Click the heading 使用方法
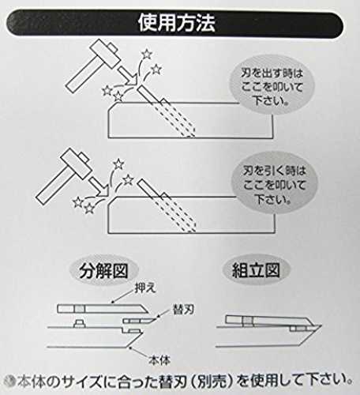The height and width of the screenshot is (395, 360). (x=177, y=23)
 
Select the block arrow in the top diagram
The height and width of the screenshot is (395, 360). (x=128, y=76)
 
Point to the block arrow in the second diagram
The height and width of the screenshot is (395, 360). (x=99, y=186)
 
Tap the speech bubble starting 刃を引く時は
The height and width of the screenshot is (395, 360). (x=274, y=185)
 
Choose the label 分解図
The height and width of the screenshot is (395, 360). (x=103, y=271)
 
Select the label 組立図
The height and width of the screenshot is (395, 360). (x=256, y=270)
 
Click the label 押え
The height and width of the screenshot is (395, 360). (x=145, y=288)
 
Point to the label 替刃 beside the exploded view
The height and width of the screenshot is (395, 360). (x=183, y=310)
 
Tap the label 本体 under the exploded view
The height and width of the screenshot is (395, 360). (x=159, y=360)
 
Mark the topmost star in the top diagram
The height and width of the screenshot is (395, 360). (x=147, y=55)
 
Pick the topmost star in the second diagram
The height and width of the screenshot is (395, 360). (x=118, y=164)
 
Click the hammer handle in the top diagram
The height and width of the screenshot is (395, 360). (x=82, y=77)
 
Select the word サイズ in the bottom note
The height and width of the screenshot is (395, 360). (x=81, y=382)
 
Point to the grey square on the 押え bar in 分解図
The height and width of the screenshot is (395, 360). (x=80, y=309)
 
